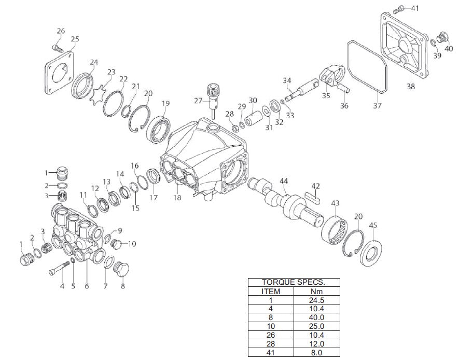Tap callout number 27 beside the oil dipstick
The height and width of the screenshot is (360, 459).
199,100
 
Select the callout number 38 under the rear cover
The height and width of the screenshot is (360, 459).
410,87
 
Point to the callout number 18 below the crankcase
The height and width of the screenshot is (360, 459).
177,198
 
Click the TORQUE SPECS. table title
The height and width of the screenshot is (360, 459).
294,283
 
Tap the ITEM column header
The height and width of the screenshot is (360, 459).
270,291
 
